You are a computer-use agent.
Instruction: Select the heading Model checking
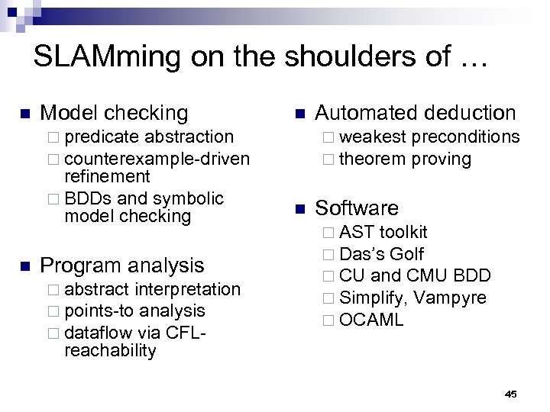(114, 113)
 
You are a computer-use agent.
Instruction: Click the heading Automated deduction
(416, 113)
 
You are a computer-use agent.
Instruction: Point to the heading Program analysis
(122, 266)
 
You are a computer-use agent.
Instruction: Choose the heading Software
(357, 208)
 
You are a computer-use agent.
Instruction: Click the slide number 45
(511, 394)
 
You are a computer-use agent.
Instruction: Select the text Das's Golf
(381, 254)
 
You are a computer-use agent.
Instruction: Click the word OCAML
(371, 320)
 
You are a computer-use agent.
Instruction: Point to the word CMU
(428, 275)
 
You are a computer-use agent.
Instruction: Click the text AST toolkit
(383, 232)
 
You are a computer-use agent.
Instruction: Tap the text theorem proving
(405, 159)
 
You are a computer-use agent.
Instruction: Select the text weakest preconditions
(429, 137)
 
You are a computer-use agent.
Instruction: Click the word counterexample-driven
(157, 159)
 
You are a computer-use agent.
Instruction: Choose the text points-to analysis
(134, 311)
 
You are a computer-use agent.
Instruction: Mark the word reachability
(110, 351)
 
